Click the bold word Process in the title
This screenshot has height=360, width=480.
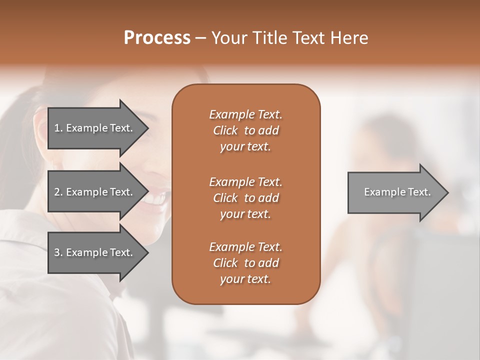point(157,38)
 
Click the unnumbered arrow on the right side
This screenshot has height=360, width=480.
point(397,192)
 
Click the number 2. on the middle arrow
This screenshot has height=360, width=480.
point(58,192)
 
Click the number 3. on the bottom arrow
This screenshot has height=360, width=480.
point(58,252)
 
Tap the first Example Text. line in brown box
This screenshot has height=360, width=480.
point(245,114)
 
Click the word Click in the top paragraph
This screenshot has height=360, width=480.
point(225,130)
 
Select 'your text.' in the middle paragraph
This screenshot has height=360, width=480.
point(245,214)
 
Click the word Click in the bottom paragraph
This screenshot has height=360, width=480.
point(225,263)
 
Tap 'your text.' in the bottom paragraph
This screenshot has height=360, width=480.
point(245,279)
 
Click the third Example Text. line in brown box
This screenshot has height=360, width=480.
point(245,247)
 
